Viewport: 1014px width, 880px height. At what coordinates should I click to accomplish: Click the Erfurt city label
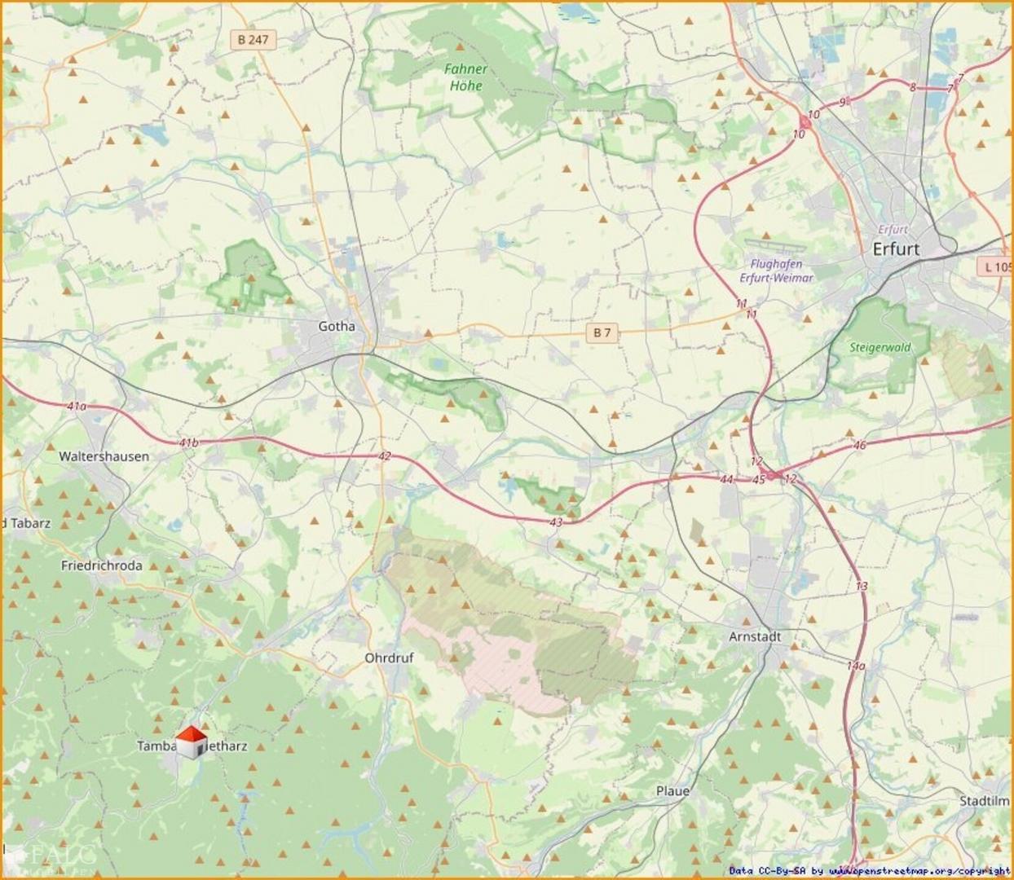895,249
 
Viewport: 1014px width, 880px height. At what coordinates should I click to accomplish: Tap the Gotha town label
337,326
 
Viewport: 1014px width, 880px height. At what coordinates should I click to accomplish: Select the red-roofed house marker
192,742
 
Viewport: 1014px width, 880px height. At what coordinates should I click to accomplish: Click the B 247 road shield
253,39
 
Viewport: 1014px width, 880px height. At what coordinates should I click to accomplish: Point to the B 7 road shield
602,332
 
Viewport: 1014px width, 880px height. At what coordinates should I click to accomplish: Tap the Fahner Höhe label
465,77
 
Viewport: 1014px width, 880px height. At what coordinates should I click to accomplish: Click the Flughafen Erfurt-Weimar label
776,271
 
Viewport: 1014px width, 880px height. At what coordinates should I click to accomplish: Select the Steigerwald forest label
880,347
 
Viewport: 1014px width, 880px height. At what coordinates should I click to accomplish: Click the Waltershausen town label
104,456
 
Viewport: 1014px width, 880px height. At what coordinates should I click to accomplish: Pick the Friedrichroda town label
102,565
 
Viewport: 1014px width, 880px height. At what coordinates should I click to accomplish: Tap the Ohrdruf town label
389,658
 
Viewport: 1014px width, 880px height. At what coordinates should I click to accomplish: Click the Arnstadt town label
755,636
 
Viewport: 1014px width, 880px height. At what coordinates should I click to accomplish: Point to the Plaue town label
672,790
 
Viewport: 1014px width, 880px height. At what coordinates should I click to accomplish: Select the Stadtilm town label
983,801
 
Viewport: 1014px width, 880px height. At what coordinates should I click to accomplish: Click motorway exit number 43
556,522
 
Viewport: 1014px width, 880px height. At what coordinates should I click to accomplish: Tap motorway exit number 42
384,456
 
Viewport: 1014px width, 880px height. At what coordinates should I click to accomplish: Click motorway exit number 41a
76,405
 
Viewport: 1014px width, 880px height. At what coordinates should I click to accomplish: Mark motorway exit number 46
859,445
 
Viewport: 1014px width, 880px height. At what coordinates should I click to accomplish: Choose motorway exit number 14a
855,666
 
